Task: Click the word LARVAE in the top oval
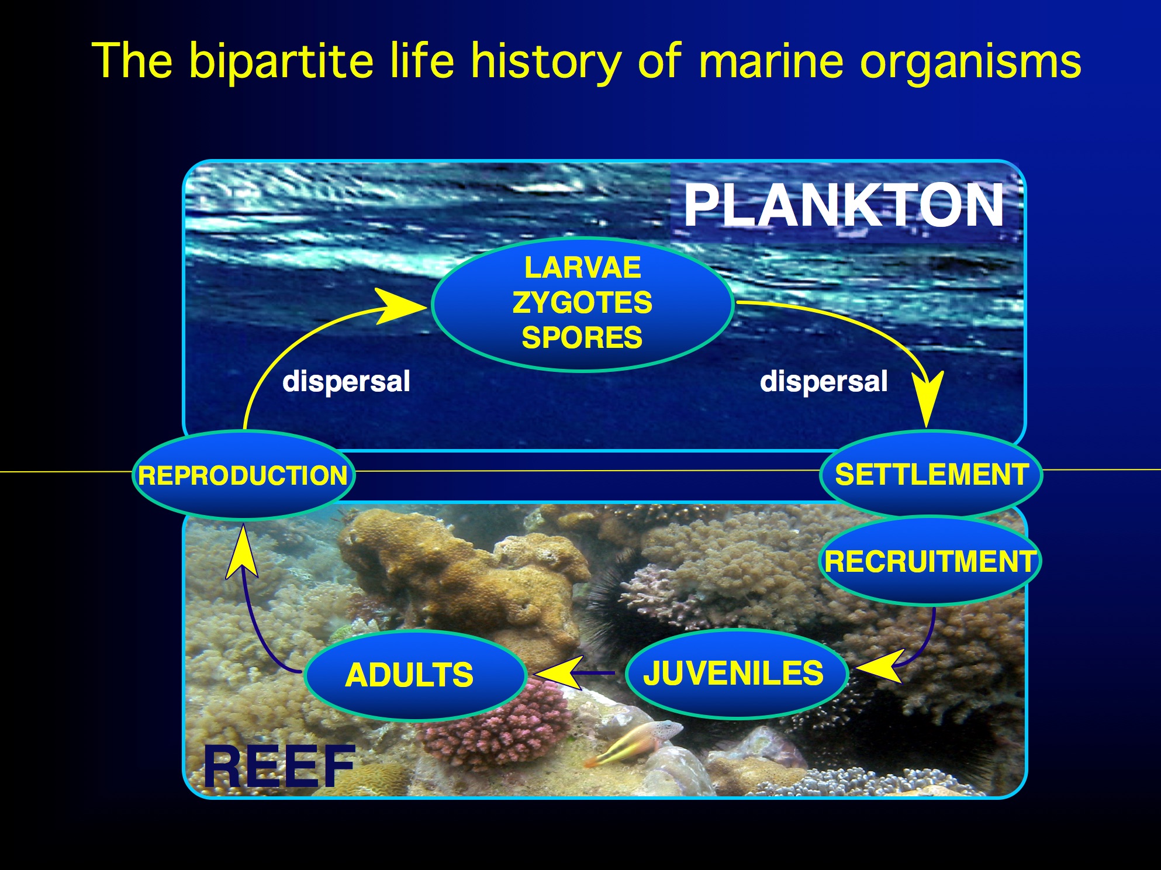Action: coord(582,268)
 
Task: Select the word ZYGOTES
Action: coord(582,303)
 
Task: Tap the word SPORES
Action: coord(582,338)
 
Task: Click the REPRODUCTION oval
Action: coord(244,475)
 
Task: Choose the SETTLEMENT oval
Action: coord(931,474)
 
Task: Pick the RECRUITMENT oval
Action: coord(930,560)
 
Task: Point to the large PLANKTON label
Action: coord(844,205)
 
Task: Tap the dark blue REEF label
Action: coord(279,767)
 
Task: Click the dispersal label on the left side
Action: coord(346,381)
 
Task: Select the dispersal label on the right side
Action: coord(824,381)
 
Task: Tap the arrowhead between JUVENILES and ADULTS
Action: coord(559,673)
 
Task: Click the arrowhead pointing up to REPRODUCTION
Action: coord(241,553)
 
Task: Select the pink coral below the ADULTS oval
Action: coord(497,725)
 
